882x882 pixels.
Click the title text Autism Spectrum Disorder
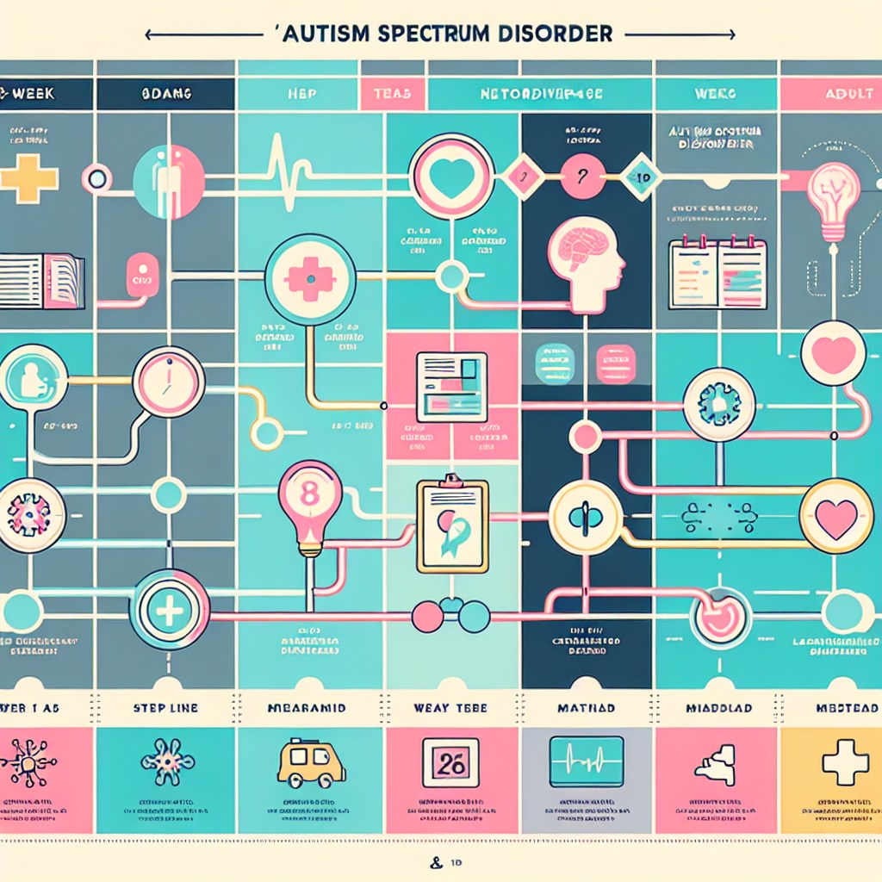(440, 34)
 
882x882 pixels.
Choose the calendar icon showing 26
(448, 762)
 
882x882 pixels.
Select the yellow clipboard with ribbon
(451, 525)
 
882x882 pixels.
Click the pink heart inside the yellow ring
(835, 517)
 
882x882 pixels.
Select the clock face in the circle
(169, 382)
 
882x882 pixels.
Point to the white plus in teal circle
(169, 610)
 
